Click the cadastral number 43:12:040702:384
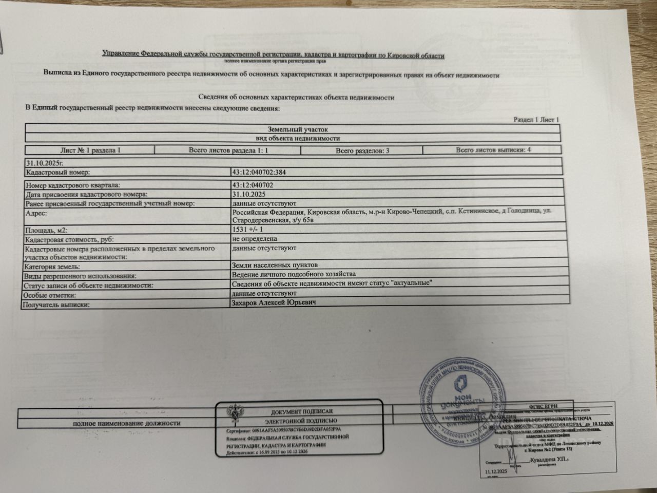click(x=259, y=173)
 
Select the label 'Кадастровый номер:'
click(x=57, y=173)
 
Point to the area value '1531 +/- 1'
click(x=247, y=230)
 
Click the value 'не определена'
click(x=255, y=239)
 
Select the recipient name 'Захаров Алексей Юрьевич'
click(x=273, y=303)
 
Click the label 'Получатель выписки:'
click(x=55, y=305)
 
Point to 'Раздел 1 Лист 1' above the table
click(x=536, y=120)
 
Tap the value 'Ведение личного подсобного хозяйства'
click(x=294, y=274)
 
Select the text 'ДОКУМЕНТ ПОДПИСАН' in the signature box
click(x=302, y=412)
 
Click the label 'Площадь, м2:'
click(x=46, y=231)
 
